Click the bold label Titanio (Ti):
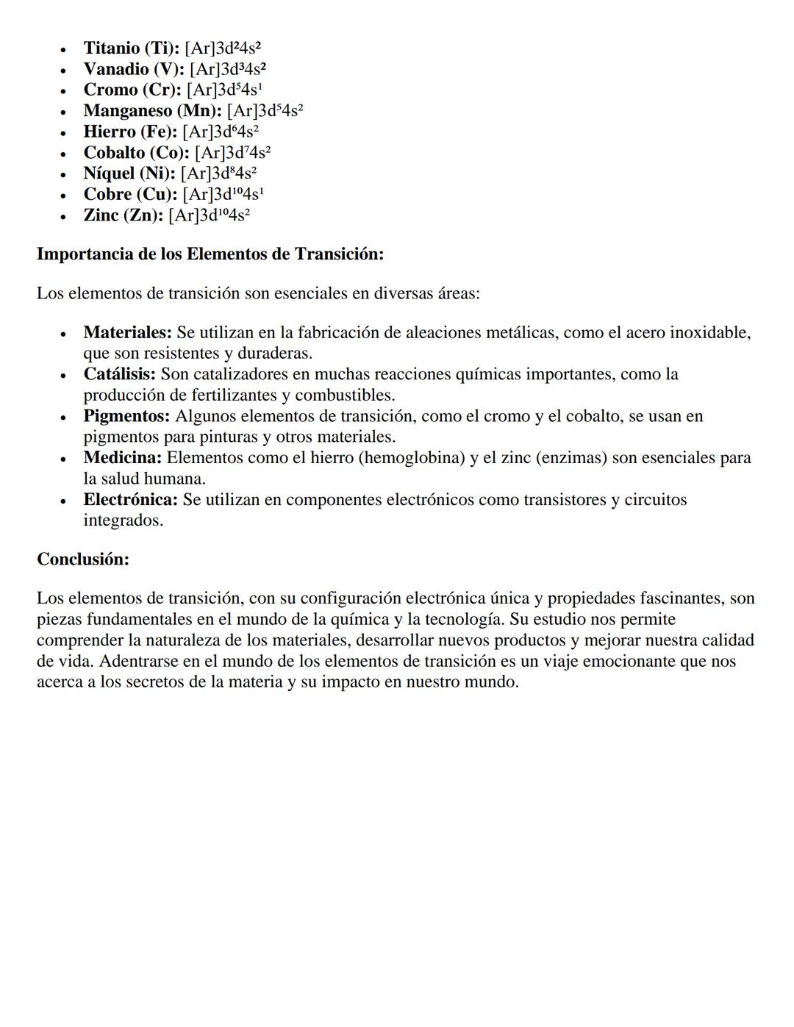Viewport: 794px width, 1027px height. pyautogui.click(x=131, y=49)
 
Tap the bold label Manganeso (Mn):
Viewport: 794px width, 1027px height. pyautogui.click(x=152, y=111)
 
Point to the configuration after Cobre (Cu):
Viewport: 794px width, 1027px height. pyautogui.click(x=223, y=195)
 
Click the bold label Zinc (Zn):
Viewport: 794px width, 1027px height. pyautogui.click(x=123, y=215)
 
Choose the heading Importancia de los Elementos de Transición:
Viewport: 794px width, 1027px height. pyautogui.click(x=210, y=254)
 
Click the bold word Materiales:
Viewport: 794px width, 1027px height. pyautogui.click(x=127, y=333)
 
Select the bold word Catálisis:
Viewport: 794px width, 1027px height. pyautogui.click(x=119, y=374)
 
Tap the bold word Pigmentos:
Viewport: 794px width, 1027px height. pyautogui.click(x=126, y=416)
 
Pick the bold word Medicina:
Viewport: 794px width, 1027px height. pyautogui.click(x=122, y=458)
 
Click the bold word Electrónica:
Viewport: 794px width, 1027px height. pyautogui.click(x=130, y=500)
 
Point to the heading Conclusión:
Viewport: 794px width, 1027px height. pyautogui.click(x=83, y=559)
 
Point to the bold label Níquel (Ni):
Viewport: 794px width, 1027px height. pyautogui.click(x=129, y=174)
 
